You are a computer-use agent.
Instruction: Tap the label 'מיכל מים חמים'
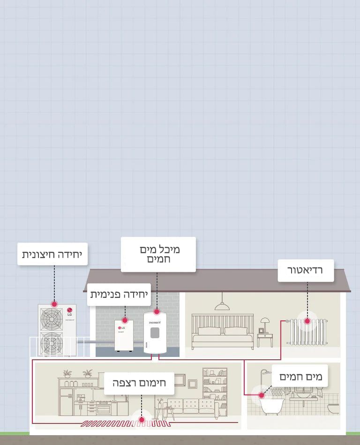[x=158, y=254]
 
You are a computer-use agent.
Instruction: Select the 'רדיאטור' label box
[x=306, y=270]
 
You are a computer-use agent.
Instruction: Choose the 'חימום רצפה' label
[x=139, y=383]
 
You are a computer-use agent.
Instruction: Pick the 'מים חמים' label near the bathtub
[x=300, y=376]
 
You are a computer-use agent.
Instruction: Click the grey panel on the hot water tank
[x=155, y=333]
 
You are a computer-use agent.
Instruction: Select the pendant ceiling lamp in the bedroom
[x=222, y=305]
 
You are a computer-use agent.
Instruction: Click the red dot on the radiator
[x=307, y=321]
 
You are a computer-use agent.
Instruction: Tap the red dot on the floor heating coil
[x=141, y=420]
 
